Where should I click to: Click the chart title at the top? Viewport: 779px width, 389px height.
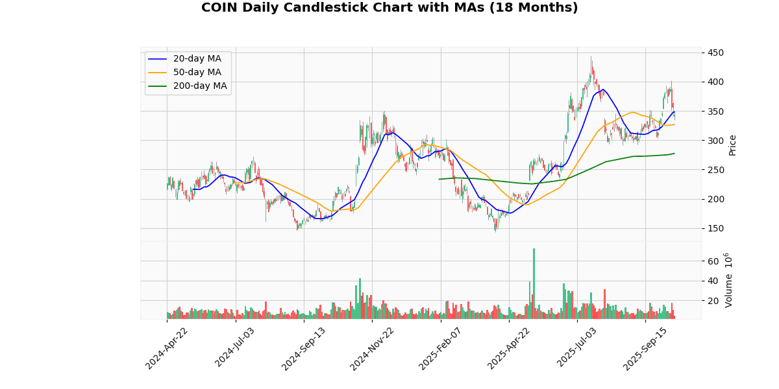coord(389,8)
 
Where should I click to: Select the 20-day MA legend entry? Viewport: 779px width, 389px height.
coord(197,59)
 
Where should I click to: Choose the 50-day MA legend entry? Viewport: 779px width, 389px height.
coord(197,73)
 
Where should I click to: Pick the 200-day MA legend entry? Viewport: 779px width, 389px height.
coord(199,86)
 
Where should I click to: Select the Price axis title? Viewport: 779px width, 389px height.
coord(732,145)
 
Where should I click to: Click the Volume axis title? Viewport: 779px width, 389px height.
coord(728,280)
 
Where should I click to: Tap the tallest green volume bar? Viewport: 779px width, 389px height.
coord(534,283)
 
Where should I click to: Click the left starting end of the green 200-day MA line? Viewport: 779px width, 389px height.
coord(439,179)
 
